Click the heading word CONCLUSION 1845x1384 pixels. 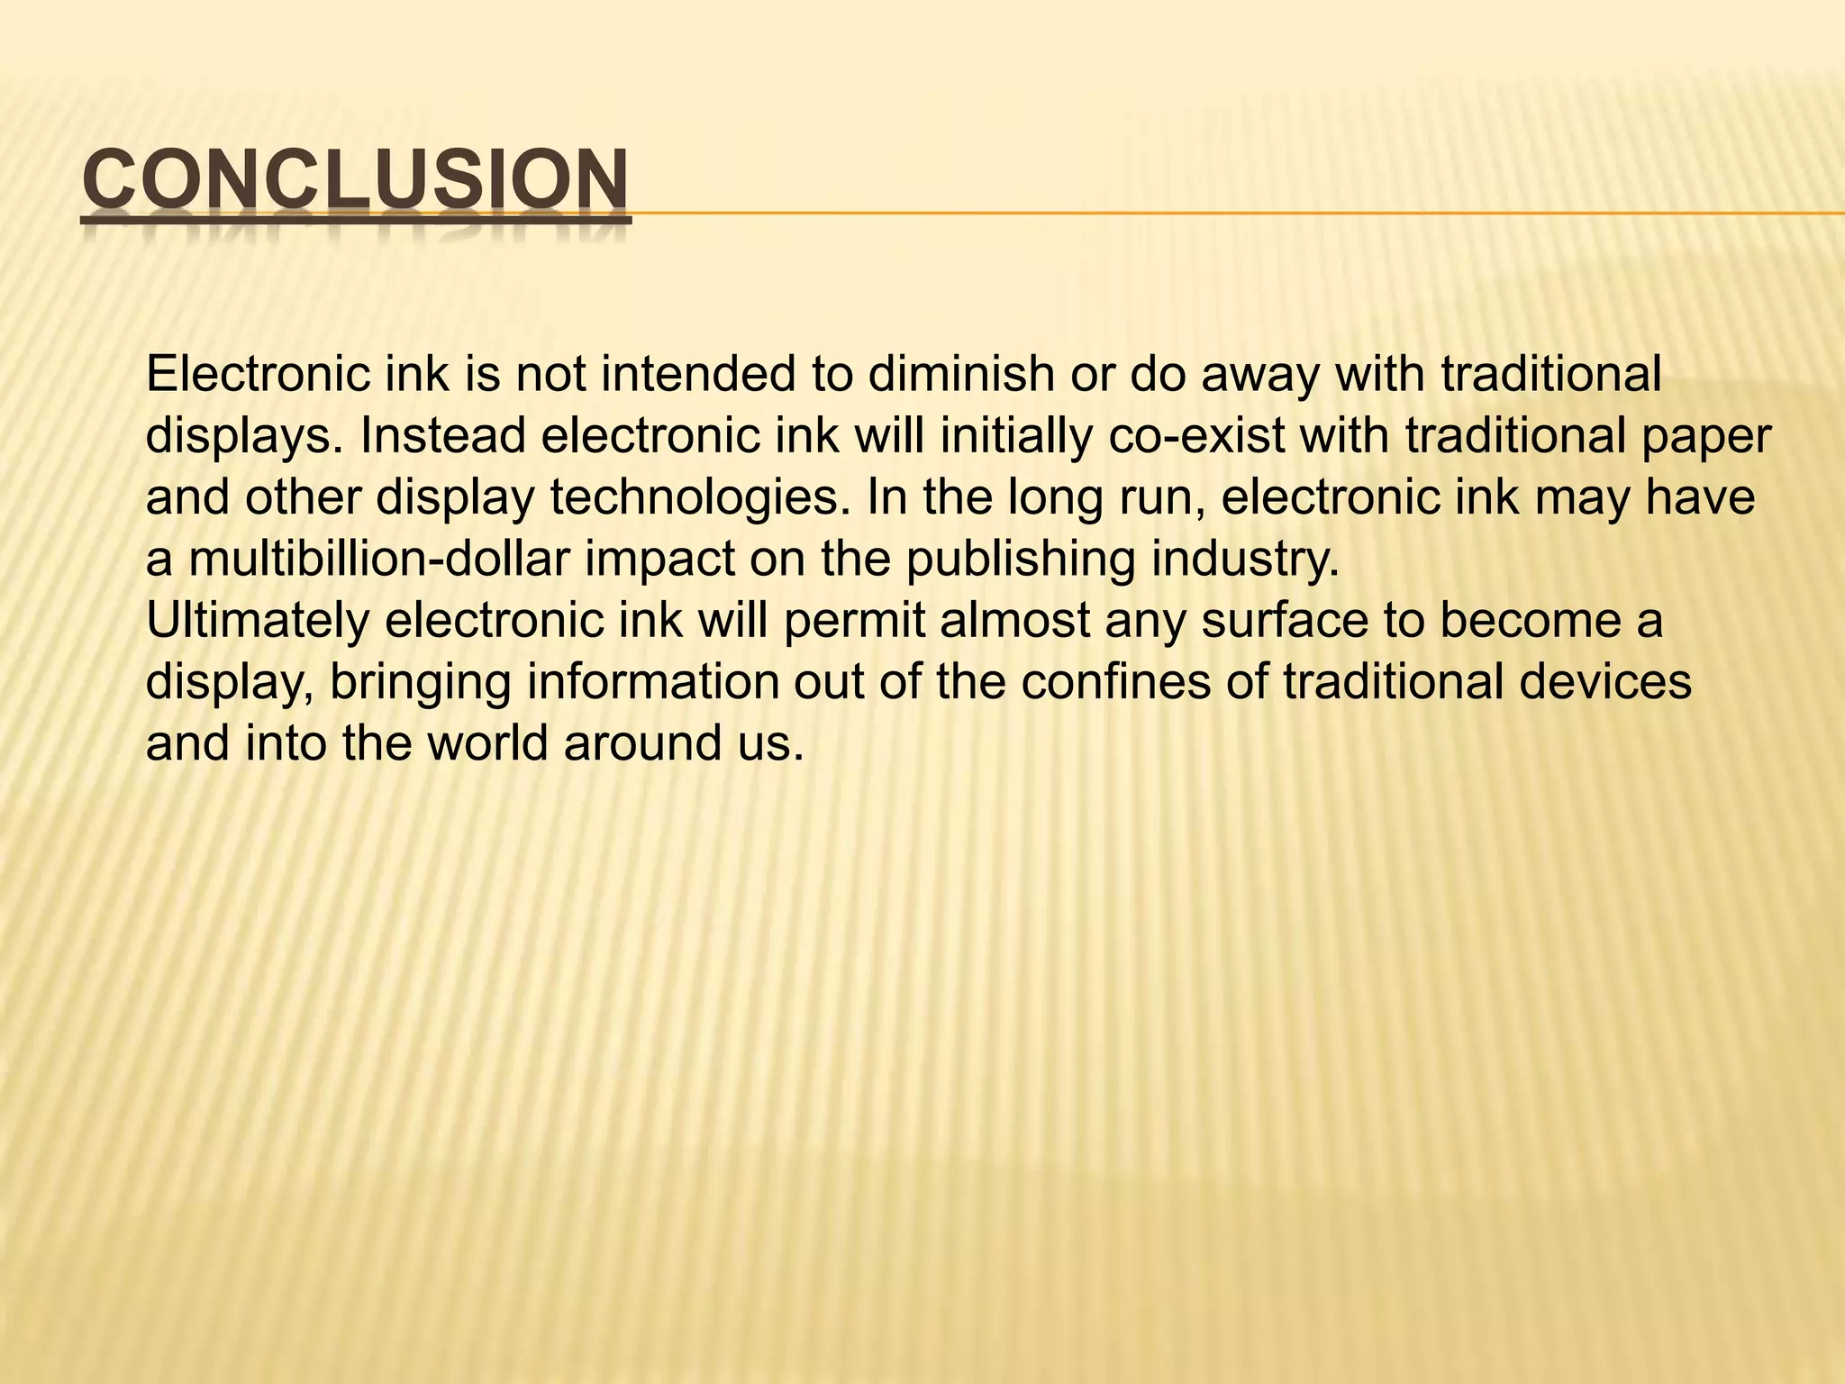click(x=355, y=180)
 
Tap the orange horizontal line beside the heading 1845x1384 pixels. click(x=1234, y=214)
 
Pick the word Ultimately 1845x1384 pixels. click(x=258, y=622)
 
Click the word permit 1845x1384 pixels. click(x=855, y=622)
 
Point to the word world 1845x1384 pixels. click(x=487, y=744)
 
